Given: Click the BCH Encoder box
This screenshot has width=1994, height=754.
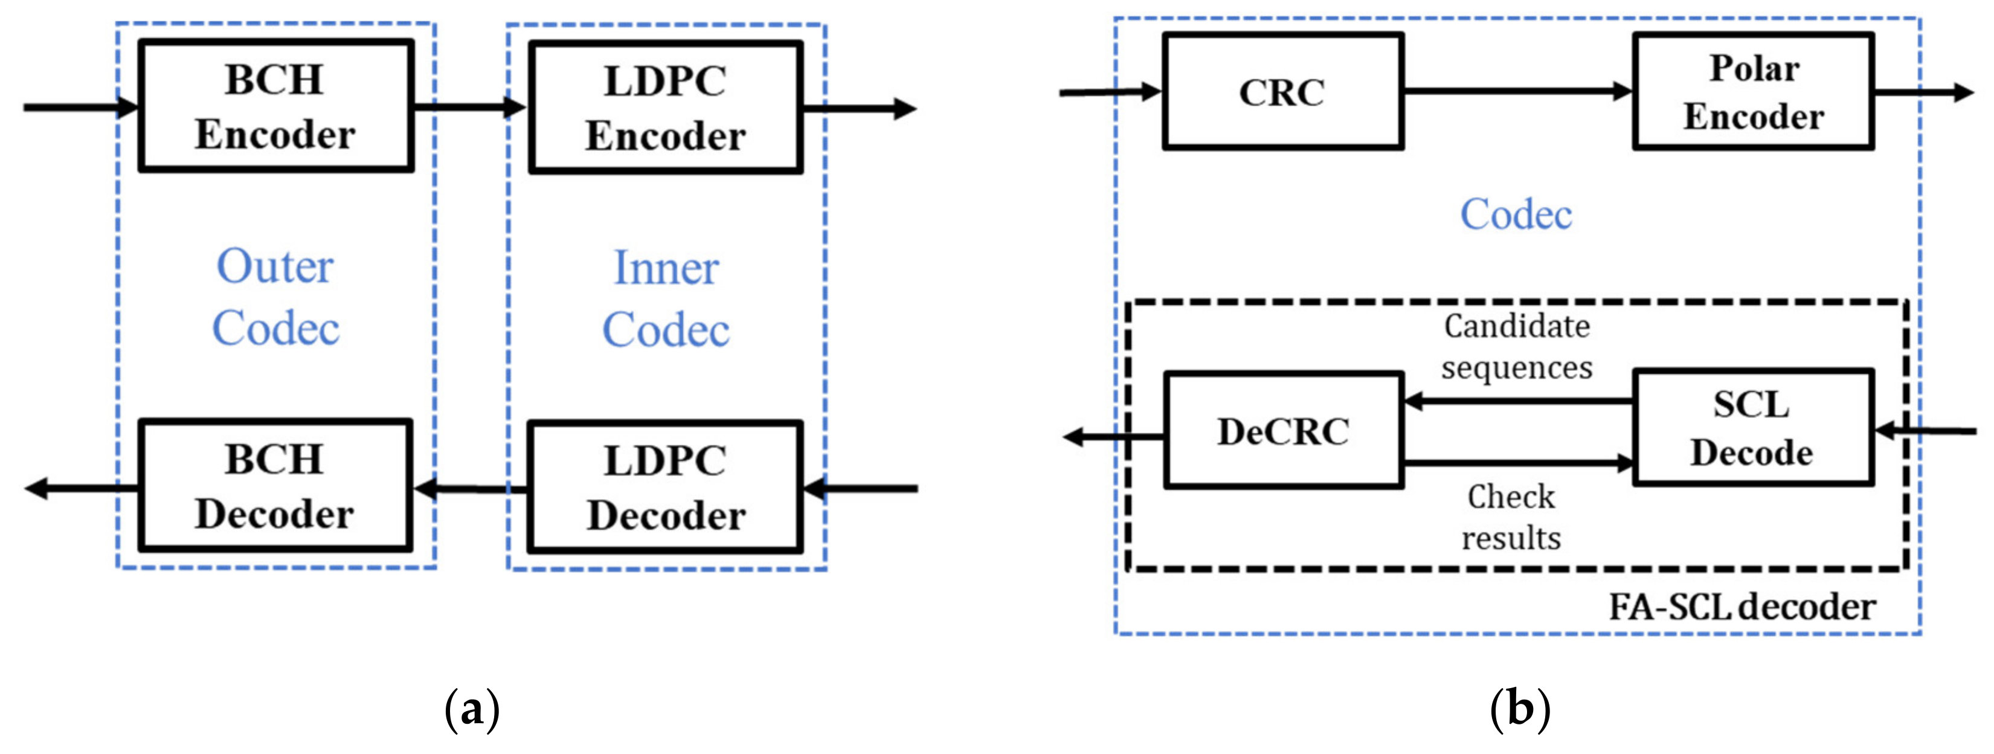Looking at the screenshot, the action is point(275,106).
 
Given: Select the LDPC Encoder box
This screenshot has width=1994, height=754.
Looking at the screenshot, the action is point(666,108).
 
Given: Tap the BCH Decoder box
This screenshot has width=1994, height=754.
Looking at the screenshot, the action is point(275,485).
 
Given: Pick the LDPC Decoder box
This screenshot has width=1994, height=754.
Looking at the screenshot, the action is point(666,487).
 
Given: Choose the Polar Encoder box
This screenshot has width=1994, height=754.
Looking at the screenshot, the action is point(1753,91).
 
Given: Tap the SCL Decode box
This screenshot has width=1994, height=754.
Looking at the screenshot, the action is point(1753,428).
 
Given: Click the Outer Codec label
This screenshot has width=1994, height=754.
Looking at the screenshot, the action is point(275,297).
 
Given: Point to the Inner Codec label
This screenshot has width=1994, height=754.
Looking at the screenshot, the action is point(666,299).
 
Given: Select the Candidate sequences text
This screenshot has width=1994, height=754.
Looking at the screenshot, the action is point(1516,347).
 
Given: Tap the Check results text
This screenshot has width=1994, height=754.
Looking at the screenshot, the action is point(1511,517).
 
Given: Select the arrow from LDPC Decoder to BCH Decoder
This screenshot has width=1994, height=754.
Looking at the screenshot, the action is point(471,489).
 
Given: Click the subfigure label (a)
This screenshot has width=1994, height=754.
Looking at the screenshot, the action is point(472,709).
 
